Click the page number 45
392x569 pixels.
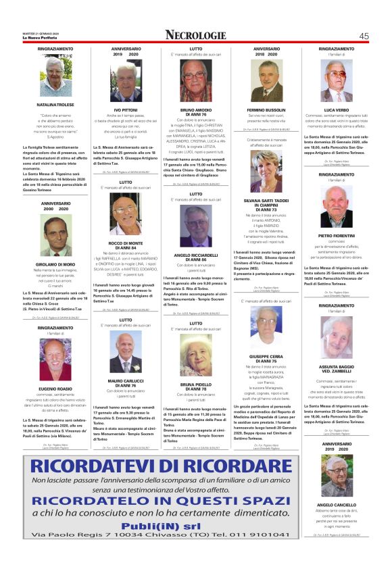pyautogui.click(x=364, y=36)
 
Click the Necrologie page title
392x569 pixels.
pyautogui.click(x=195, y=35)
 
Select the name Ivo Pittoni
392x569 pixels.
pyautogui.click(x=126, y=109)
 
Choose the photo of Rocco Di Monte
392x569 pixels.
pyautogui.click(x=126, y=214)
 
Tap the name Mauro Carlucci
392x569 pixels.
pyautogui.click(x=126, y=380)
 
